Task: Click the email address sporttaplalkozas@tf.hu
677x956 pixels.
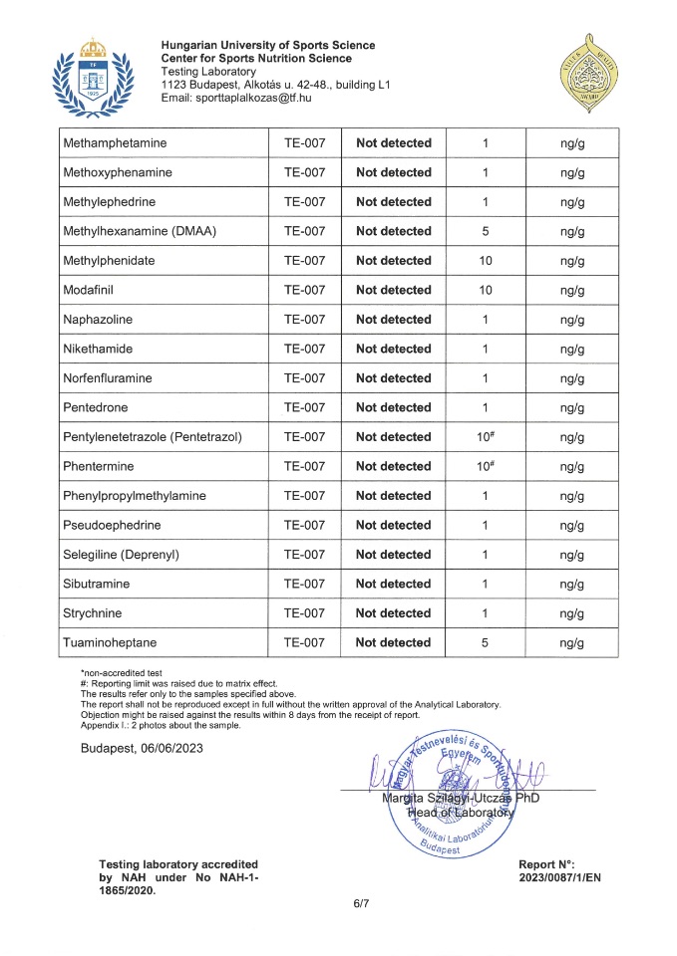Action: point(236,98)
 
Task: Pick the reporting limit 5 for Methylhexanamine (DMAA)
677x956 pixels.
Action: point(485,231)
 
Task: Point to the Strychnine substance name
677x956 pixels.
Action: point(93,613)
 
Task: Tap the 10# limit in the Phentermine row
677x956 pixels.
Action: point(486,466)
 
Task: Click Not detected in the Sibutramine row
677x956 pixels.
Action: point(393,584)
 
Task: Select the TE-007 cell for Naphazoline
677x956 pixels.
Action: point(305,320)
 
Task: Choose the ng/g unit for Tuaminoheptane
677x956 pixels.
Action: point(572,642)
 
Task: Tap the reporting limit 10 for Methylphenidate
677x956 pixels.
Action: point(485,261)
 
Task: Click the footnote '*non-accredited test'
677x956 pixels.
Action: point(121,674)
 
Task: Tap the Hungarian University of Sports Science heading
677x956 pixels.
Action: point(268,45)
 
